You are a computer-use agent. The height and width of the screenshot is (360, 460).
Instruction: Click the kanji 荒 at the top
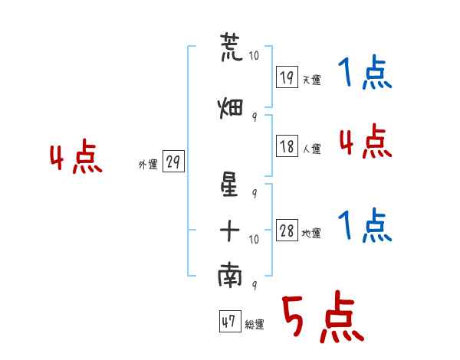pos(232,47)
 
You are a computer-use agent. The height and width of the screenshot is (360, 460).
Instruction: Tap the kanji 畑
pos(231,108)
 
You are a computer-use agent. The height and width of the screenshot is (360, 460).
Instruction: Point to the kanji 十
pos(230,231)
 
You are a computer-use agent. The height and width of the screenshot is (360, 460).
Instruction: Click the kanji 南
pos(230,274)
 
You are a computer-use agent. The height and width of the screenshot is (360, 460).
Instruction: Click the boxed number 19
pos(287,77)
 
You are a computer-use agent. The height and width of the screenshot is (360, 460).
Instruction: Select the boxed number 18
pos(287,146)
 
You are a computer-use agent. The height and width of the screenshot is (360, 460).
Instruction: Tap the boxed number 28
pos(287,230)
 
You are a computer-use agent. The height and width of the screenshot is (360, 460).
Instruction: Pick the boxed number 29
pos(173,162)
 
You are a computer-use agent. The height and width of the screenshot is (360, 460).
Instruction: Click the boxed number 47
pos(230,321)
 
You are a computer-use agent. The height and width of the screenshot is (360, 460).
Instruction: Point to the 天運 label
pos(312,80)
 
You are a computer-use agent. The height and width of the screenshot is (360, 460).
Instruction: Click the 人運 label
pos(312,149)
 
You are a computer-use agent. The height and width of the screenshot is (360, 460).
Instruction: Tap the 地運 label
pos(311,234)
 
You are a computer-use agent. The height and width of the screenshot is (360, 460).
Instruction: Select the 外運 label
pos(148,165)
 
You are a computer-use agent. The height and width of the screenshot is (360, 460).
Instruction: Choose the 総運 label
pos(255,325)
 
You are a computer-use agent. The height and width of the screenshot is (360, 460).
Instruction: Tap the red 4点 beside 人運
pos(366,141)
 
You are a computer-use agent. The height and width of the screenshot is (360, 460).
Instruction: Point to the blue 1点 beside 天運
pos(365,72)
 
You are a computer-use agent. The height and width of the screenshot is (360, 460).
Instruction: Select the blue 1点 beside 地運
pos(365,225)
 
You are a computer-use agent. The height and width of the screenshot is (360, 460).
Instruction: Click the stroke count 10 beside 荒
pos(254,55)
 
